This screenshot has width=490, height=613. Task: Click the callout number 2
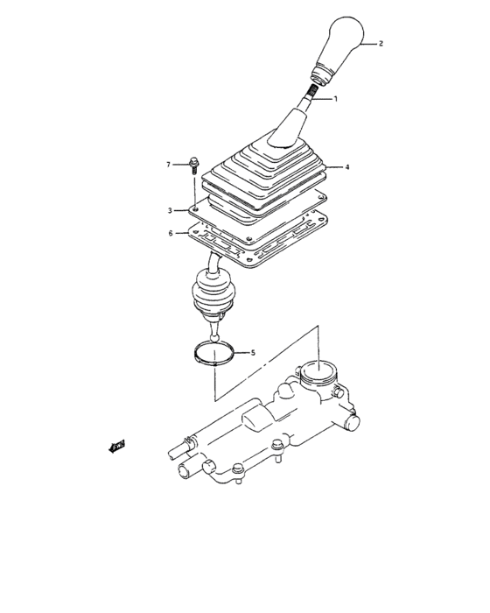381,42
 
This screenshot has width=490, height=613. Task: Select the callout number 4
346,166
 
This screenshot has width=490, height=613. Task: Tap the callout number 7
170,164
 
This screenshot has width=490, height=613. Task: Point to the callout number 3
172,211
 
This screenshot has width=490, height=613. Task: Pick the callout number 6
171,233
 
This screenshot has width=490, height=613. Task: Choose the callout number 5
252,353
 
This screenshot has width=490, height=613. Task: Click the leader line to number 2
366,42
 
